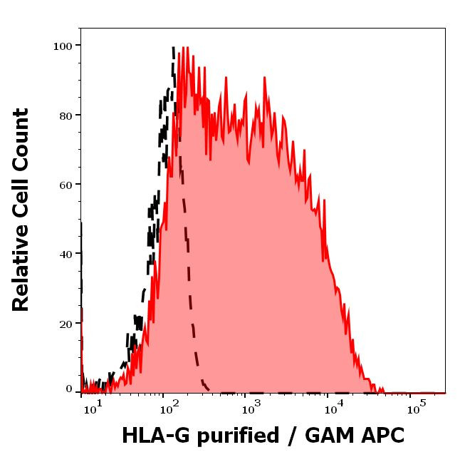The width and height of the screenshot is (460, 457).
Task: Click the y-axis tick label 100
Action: (x=63, y=46)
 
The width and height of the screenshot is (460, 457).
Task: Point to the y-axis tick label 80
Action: (x=66, y=115)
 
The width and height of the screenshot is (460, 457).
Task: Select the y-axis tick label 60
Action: (x=66, y=185)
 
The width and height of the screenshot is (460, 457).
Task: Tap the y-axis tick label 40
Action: (x=66, y=254)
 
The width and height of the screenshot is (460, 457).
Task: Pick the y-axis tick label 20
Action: (x=66, y=324)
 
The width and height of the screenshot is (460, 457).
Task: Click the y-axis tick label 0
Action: (x=69, y=389)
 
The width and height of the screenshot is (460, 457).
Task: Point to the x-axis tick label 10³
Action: (x=251, y=409)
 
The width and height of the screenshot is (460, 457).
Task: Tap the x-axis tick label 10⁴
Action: (x=333, y=409)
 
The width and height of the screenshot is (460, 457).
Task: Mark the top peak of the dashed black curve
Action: (x=173, y=48)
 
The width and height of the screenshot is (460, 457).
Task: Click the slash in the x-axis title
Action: (x=291, y=436)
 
